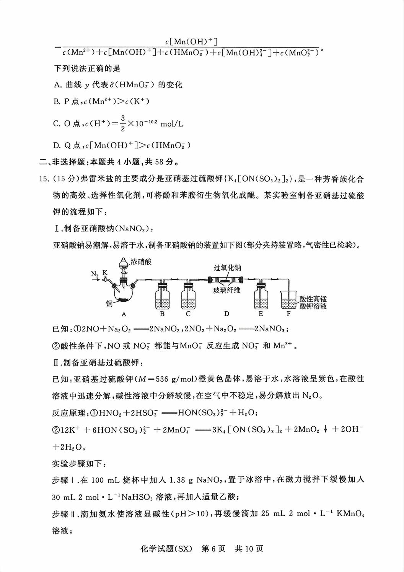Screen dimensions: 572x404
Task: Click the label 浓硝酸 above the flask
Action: (141, 262)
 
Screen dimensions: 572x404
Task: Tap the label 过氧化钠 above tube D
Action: (227, 268)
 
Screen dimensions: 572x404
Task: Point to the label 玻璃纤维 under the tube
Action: (227, 290)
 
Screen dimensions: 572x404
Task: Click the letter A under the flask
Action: (124, 314)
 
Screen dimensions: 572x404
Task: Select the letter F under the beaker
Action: (288, 314)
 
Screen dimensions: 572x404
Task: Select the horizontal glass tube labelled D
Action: (226, 279)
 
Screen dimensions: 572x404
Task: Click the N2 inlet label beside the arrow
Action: (95, 274)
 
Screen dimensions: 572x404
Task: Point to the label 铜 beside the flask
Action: (109, 304)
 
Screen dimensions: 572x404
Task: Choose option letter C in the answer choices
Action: (57, 123)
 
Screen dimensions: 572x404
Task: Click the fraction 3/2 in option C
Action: (123, 123)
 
